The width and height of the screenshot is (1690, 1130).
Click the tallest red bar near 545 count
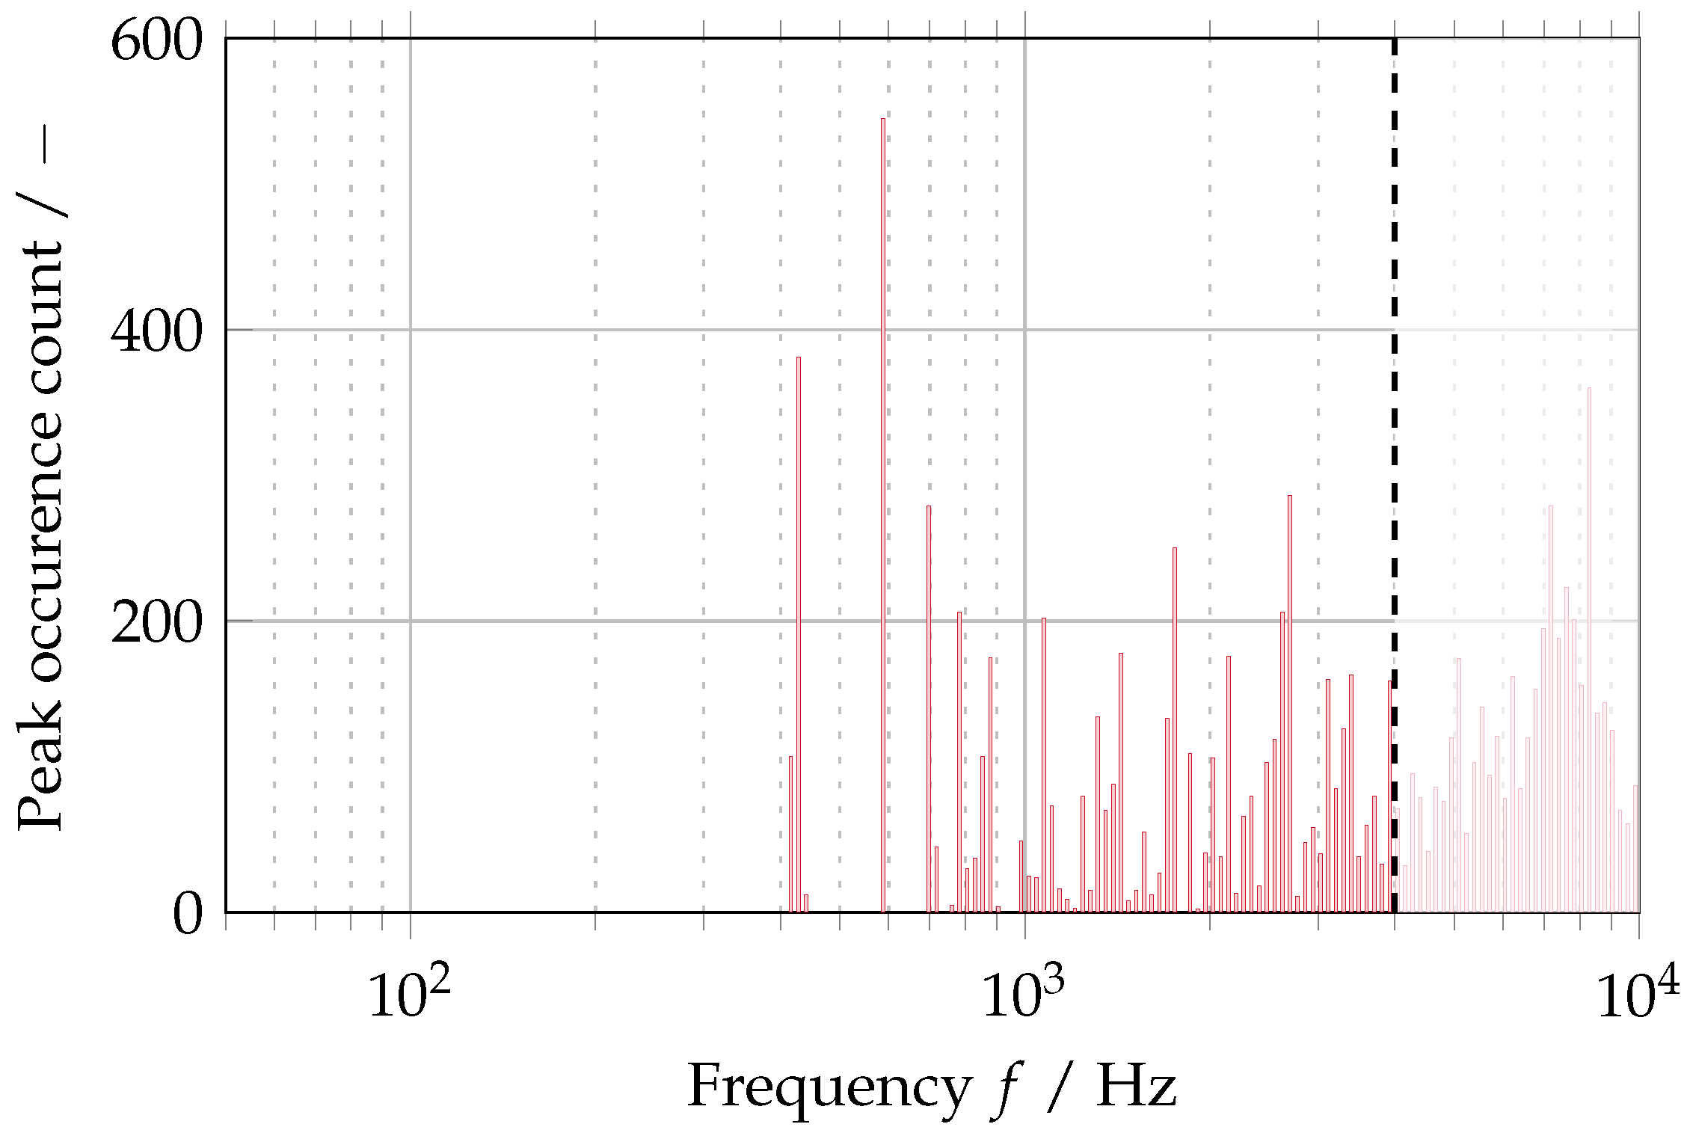[x=882, y=516]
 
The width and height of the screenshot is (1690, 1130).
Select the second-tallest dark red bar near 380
[x=799, y=636]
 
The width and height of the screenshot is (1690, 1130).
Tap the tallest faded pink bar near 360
[x=1589, y=651]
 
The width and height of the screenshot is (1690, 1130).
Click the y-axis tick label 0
[x=187, y=914]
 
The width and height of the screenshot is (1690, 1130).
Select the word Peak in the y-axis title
[x=41, y=778]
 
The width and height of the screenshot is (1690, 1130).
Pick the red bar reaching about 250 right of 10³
[x=1175, y=729]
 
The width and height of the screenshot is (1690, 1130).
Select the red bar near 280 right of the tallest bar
[x=929, y=710]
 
